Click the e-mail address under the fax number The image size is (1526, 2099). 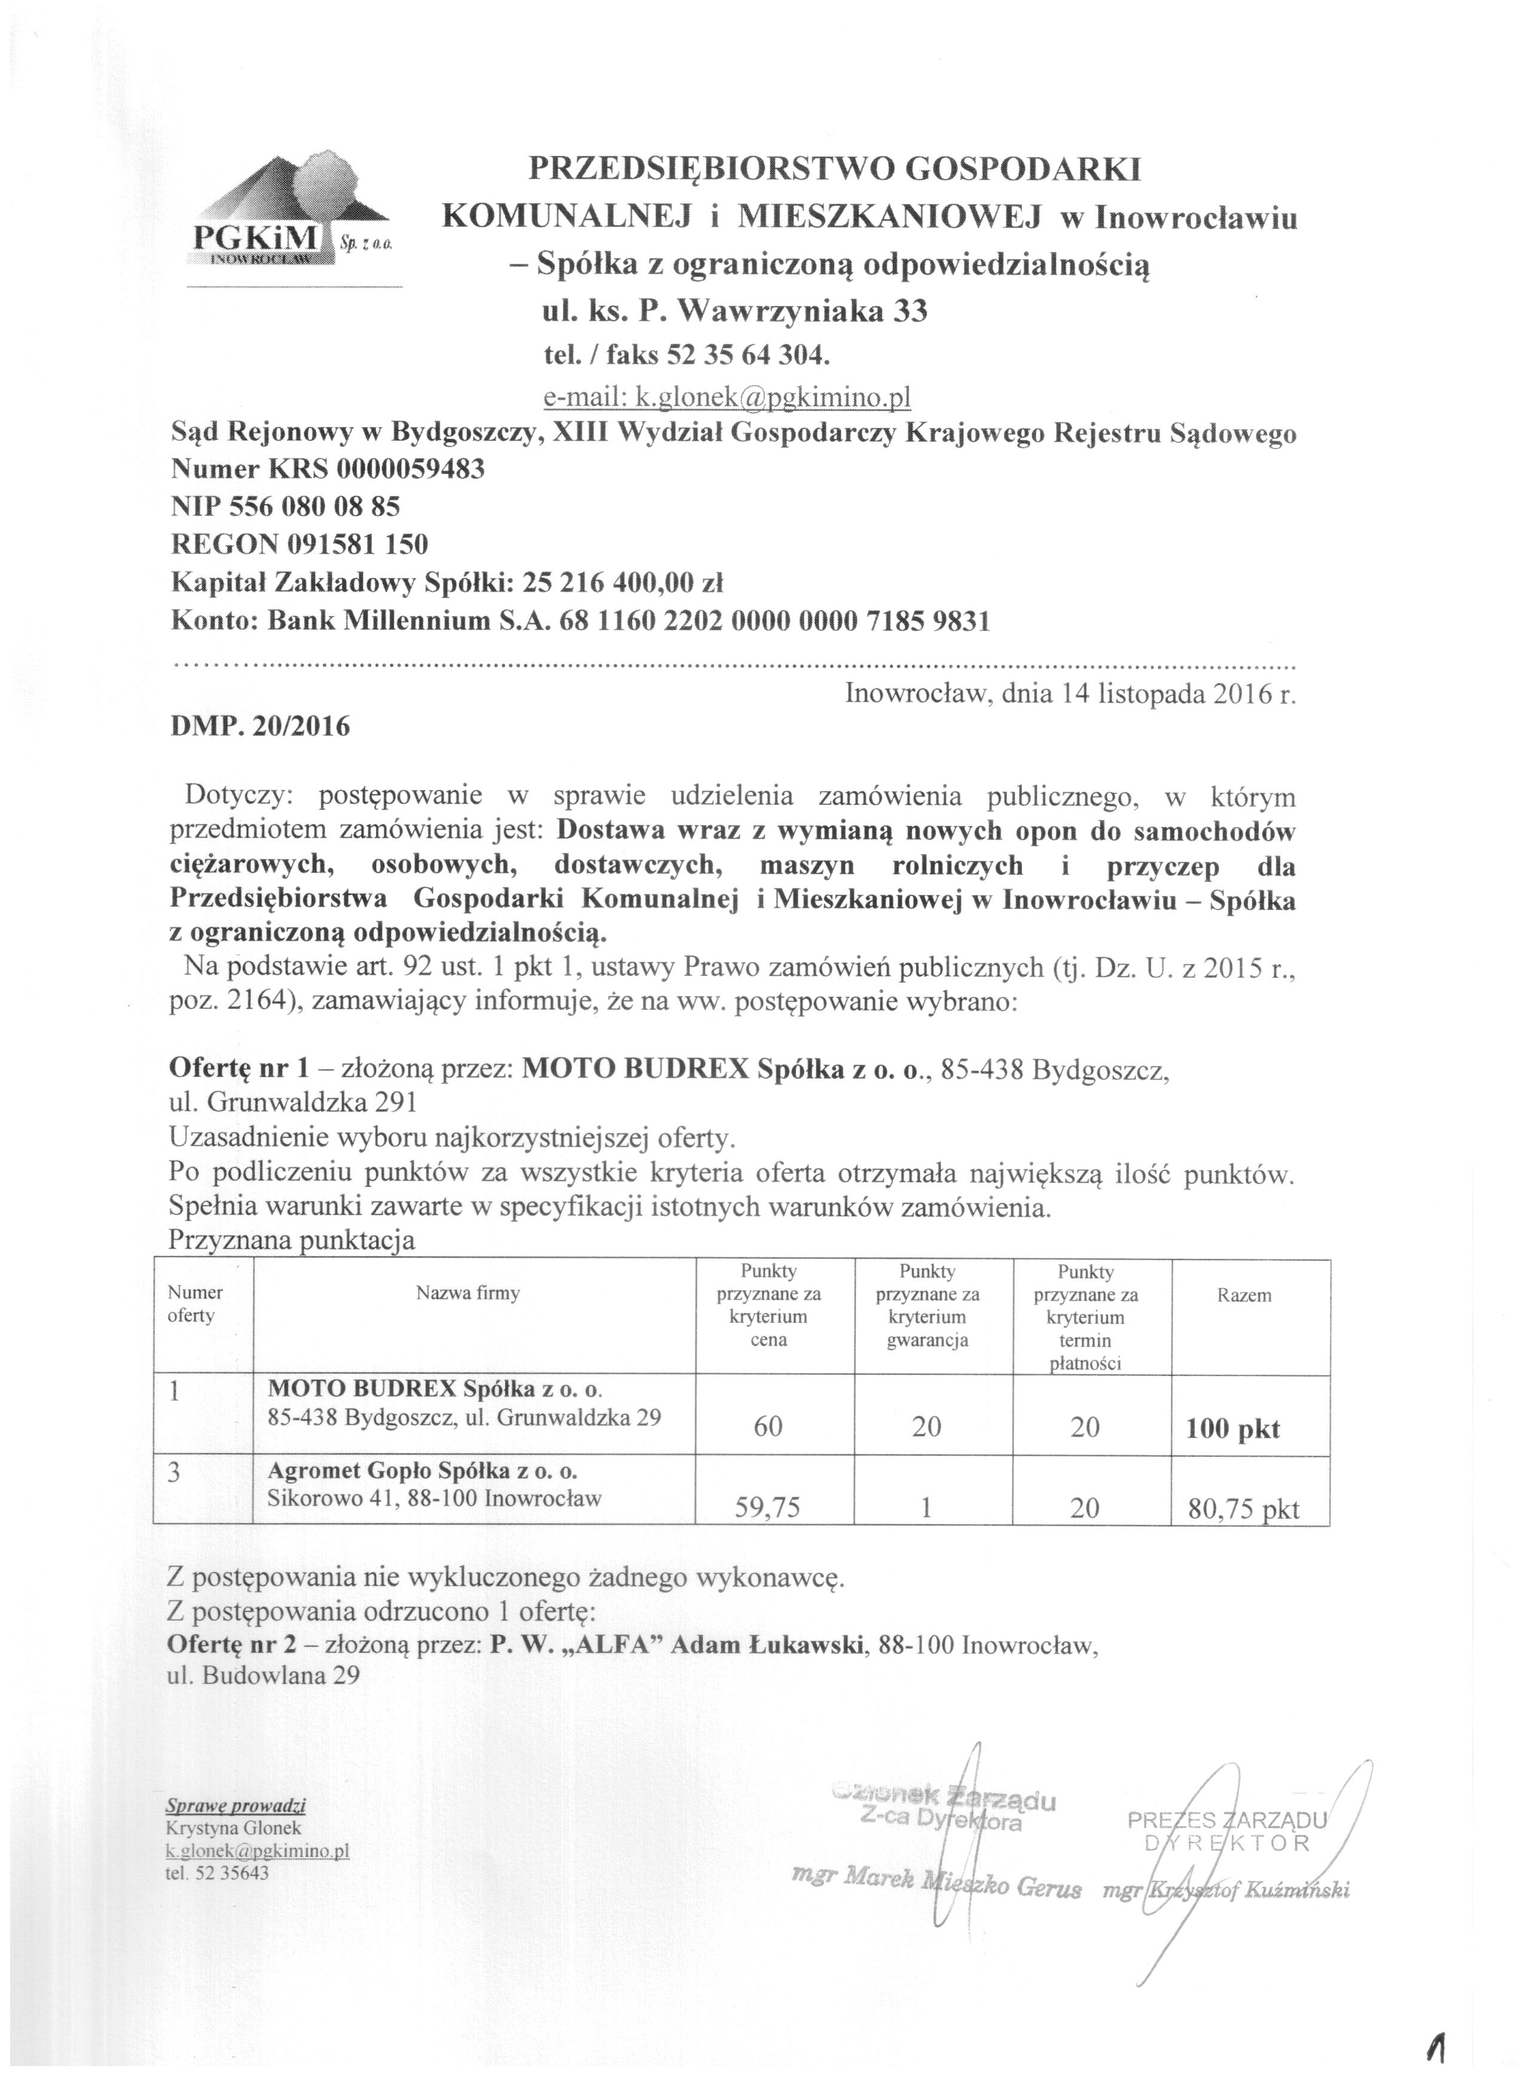pyautogui.click(x=727, y=397)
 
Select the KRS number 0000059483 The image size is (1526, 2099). pyautogui.click(x=411, y=469)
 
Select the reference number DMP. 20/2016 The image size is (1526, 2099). pyautogui.click(x=260, y=727)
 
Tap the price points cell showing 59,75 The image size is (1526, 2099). pyautogui.click(x=767, y=1509)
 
